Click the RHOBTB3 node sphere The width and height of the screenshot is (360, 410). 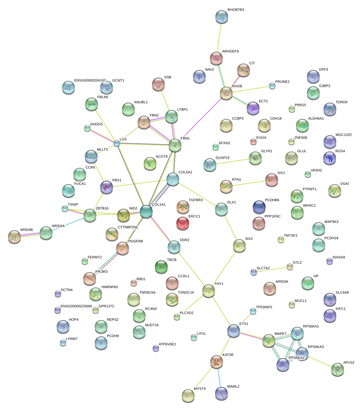click(x=222, y=17)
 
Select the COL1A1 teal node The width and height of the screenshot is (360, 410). click(x=146, y=212)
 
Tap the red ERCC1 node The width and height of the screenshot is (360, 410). click(x=182, y=223)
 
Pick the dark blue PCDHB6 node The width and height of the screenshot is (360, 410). click(x=259, y=207)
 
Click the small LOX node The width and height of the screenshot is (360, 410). click(x=117, y=144)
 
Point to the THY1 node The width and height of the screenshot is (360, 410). click(x=208, y=291)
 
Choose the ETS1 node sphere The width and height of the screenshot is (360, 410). click(x=234, y=331)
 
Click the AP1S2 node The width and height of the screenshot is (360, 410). click(x=337, y=369)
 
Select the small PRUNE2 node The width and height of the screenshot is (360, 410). click(x=272, y=86)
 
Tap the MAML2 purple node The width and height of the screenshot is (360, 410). click(x=221, y=393)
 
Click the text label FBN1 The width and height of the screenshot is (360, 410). click(x=185, y=138)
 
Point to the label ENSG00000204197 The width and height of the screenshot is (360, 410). click(x=90, y=81)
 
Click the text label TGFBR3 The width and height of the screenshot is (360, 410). click(x=196, y=200)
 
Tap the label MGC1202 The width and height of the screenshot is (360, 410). click(x=343, y=135)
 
